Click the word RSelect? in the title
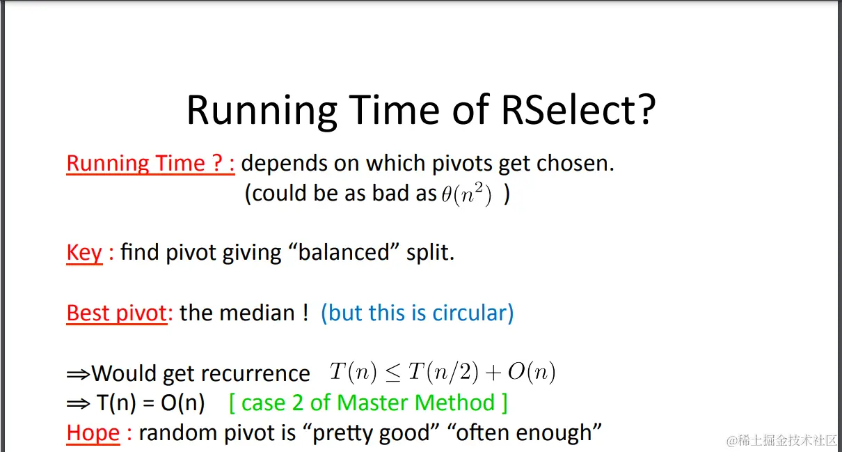pyautogui.click(x=578, y=110)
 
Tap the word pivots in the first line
pyautogui.click(x=462, y=164)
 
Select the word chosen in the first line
pyautogui.click(x=575, y=163)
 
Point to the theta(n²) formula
pyautogui.click(x=466, y=194)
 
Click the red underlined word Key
pyautogui.click(x=84, y=253)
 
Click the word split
pyautogui.click(x=431, y=253)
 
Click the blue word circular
pyautogui.click(x=470, y=313)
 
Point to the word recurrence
pyautogui.click(x=255, y=374)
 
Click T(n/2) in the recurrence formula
pyautogui.click(x=443, y=373)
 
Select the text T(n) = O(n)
pyautogui.click(x=151, y=403)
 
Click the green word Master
pyautogui.click(x=378, y=403)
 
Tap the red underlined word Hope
pyautogui.click(x=93, y=432)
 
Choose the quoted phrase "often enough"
pyautogui.click(x=525, y=432)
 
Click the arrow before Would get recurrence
pyautogui.click(x=78, y=375)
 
